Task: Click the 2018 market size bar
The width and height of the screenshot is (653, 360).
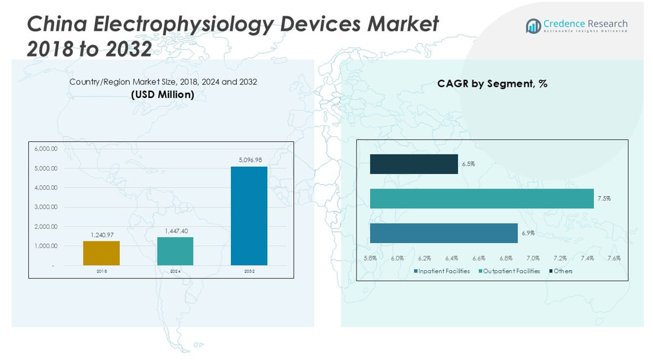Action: click(x=101, y=254)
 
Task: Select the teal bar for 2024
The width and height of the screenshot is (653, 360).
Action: click(x=175, y=251)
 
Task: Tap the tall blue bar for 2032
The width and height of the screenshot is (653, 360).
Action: click(x=249, y=216)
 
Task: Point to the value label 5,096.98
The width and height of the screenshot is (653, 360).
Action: click(x=250, y=160)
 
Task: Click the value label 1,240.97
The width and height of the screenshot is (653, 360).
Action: click(x=102, y=235)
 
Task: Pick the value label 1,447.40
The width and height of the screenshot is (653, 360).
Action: click(x=176, y=231)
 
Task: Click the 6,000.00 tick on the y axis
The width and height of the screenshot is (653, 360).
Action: click(x=46, y=149)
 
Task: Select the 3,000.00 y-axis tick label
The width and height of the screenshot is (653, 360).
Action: click(x=46, y=207)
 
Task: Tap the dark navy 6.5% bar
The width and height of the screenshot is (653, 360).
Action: click(x=414, y=164)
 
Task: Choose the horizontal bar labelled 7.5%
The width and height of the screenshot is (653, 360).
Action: click(x=482, y=199)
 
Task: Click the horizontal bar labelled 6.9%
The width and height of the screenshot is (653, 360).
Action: click(x=443, y=233)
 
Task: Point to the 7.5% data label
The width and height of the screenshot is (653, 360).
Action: click(x=604, y=199)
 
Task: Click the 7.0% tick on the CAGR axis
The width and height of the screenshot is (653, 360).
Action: click(x=533, y=258)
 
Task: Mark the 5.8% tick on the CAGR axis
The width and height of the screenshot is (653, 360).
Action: click(x=370, y=258)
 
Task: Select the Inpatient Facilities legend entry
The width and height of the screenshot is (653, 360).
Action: click(x=442, y=271)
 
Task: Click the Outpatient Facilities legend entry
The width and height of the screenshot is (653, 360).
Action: click(x=509, y=271)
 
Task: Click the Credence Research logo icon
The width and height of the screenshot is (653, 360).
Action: click(x=533, y=26)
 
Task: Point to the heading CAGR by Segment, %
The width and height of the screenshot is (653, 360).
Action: click(x=492, y=84)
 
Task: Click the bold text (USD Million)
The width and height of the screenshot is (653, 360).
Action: click(x=163, y=94)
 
